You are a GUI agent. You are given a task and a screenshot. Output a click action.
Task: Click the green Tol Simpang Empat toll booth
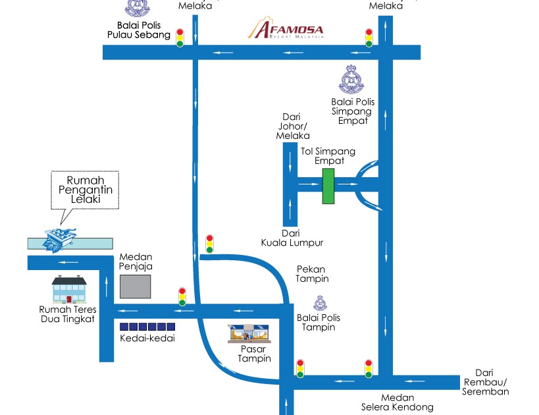coord(328,186)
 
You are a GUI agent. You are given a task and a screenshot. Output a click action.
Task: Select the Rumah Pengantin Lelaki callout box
coord(85,190)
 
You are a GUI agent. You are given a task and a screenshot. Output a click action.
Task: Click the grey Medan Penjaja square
coord(135,287)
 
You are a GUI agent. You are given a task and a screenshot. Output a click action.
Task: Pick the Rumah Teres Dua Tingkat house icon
coord(69,290)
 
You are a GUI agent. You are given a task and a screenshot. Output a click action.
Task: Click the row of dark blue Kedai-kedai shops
coord(147,327)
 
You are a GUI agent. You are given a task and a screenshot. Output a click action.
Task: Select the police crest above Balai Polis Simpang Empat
coord(352,80)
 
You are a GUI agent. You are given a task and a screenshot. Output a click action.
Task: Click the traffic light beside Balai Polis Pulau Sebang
coord(179,38)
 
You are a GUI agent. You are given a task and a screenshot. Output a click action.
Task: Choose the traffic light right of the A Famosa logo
coord(369,38)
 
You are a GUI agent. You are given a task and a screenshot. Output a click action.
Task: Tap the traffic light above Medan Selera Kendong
coord(369,369)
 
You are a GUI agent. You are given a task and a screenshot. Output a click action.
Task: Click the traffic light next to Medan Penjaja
coord(182,297)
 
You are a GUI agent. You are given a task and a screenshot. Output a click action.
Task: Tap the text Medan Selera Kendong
coord(388,402)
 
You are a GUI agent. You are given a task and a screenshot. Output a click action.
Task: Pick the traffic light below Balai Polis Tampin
coord(300,368)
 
